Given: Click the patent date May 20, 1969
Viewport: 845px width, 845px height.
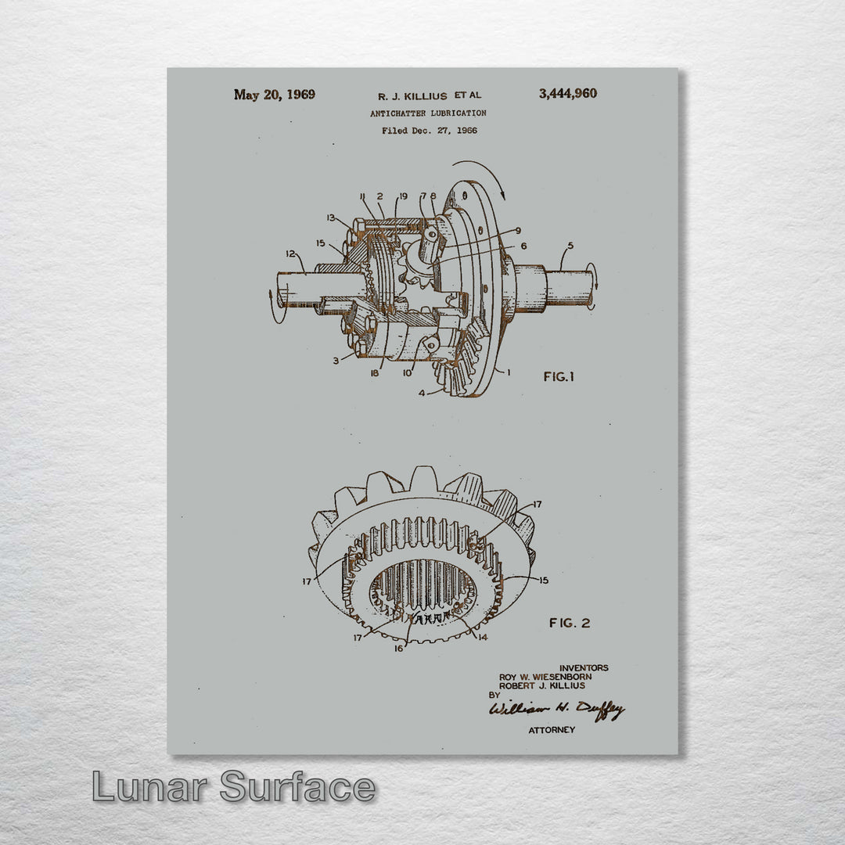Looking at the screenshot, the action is [x=275, y=95].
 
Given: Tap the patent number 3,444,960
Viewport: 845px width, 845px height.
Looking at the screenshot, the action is [x=568, y=94].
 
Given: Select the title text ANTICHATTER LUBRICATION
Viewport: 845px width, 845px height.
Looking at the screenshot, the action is [x=429, y=113].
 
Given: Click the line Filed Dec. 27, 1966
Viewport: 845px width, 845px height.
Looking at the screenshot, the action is [x=430, y=131].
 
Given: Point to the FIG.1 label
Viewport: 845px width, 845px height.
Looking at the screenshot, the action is [x=559, y=376].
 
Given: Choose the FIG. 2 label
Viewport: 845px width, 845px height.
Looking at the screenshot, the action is [x=570, y=623].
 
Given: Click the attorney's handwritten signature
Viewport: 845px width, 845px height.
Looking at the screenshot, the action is [x=557, y=710].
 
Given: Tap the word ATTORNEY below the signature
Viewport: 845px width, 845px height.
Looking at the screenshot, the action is [x=552, y=730].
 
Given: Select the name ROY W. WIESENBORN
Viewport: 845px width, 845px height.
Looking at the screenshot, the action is [x=545, y=677].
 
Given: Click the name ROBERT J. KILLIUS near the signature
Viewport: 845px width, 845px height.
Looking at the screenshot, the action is [x=542, y=686].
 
